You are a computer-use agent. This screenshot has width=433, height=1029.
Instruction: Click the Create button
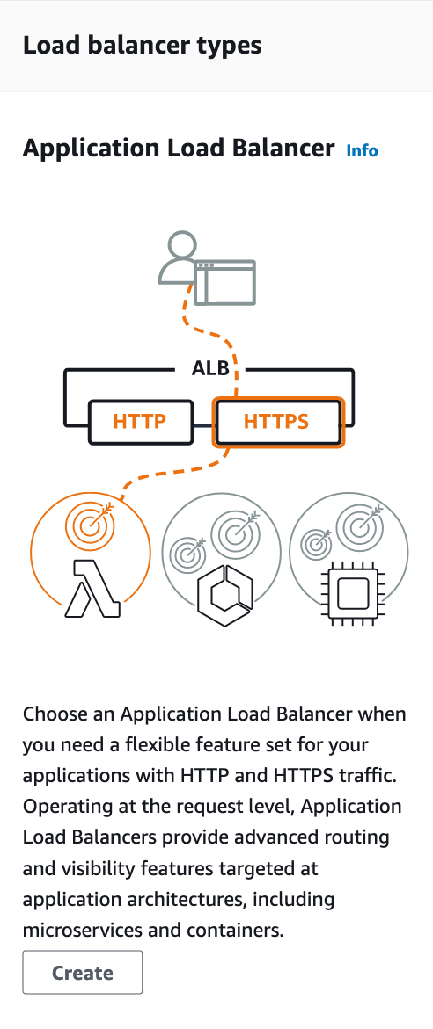(x=82, y=972)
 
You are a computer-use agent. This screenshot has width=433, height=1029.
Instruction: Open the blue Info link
(x=362, y=151)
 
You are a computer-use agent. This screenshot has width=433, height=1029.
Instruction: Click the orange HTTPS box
(x=277, y=421)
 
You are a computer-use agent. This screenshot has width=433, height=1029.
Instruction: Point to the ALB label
(x=211, y=369)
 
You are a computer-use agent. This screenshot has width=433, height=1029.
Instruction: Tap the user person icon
(x=178, y=257)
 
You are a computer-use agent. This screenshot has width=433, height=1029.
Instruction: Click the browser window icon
(x=224, y=283)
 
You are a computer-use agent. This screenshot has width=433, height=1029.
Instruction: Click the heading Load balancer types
(x=142, y=46)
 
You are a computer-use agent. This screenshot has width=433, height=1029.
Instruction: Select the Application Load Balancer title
(x=179, y=149)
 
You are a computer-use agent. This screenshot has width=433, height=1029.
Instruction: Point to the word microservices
(x=73, y=930)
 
